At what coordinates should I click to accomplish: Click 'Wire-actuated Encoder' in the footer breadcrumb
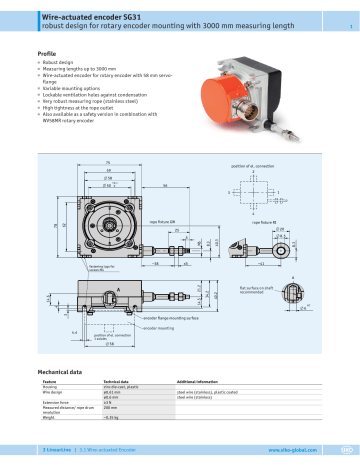(115, 453)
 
